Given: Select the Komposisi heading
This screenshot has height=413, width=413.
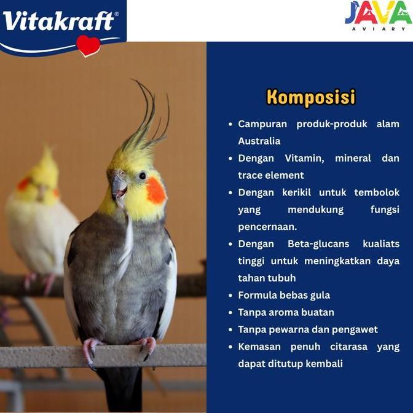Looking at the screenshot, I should (x=310, y=97).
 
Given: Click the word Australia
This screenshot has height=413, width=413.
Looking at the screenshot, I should (x=259, y=141).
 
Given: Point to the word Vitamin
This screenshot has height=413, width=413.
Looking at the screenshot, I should (x=303, y=158).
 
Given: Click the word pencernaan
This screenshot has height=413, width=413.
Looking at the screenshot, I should (x=267, y=226).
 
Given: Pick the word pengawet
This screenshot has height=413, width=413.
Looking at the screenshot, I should (x=356, y=329).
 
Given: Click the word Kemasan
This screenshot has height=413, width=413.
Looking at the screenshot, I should (x=261, y=347).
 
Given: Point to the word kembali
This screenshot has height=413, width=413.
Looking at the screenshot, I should (x=323, y=364).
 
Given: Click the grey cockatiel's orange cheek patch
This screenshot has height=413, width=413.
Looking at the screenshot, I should (x=155, y=191).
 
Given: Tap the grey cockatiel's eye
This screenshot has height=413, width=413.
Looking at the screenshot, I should (x=142, y=176).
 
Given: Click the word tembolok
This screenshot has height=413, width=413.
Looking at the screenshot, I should (x=376, y=192).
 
